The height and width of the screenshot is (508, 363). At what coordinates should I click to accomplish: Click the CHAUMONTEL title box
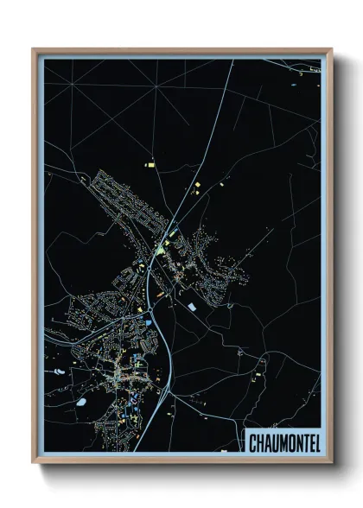(282, 441)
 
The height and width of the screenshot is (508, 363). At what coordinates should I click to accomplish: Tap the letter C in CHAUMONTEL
(252, 442)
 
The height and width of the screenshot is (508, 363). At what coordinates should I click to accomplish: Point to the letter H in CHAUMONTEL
(259, 442)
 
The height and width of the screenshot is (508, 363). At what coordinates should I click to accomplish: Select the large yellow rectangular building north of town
(149, 162)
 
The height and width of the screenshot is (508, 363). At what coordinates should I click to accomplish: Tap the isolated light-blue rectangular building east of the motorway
(192, 305)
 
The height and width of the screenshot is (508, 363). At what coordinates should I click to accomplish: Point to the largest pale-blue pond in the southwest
(80, 401)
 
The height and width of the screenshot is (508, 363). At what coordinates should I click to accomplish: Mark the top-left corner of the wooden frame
(34, 49)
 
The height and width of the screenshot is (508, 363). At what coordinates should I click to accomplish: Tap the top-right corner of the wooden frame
(331, 49)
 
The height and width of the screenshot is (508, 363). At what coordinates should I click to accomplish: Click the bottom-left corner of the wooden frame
(34, 462)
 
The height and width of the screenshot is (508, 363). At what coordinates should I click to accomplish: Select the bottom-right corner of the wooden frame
(331, 462)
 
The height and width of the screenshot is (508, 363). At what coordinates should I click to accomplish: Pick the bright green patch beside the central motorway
(160, 250)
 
